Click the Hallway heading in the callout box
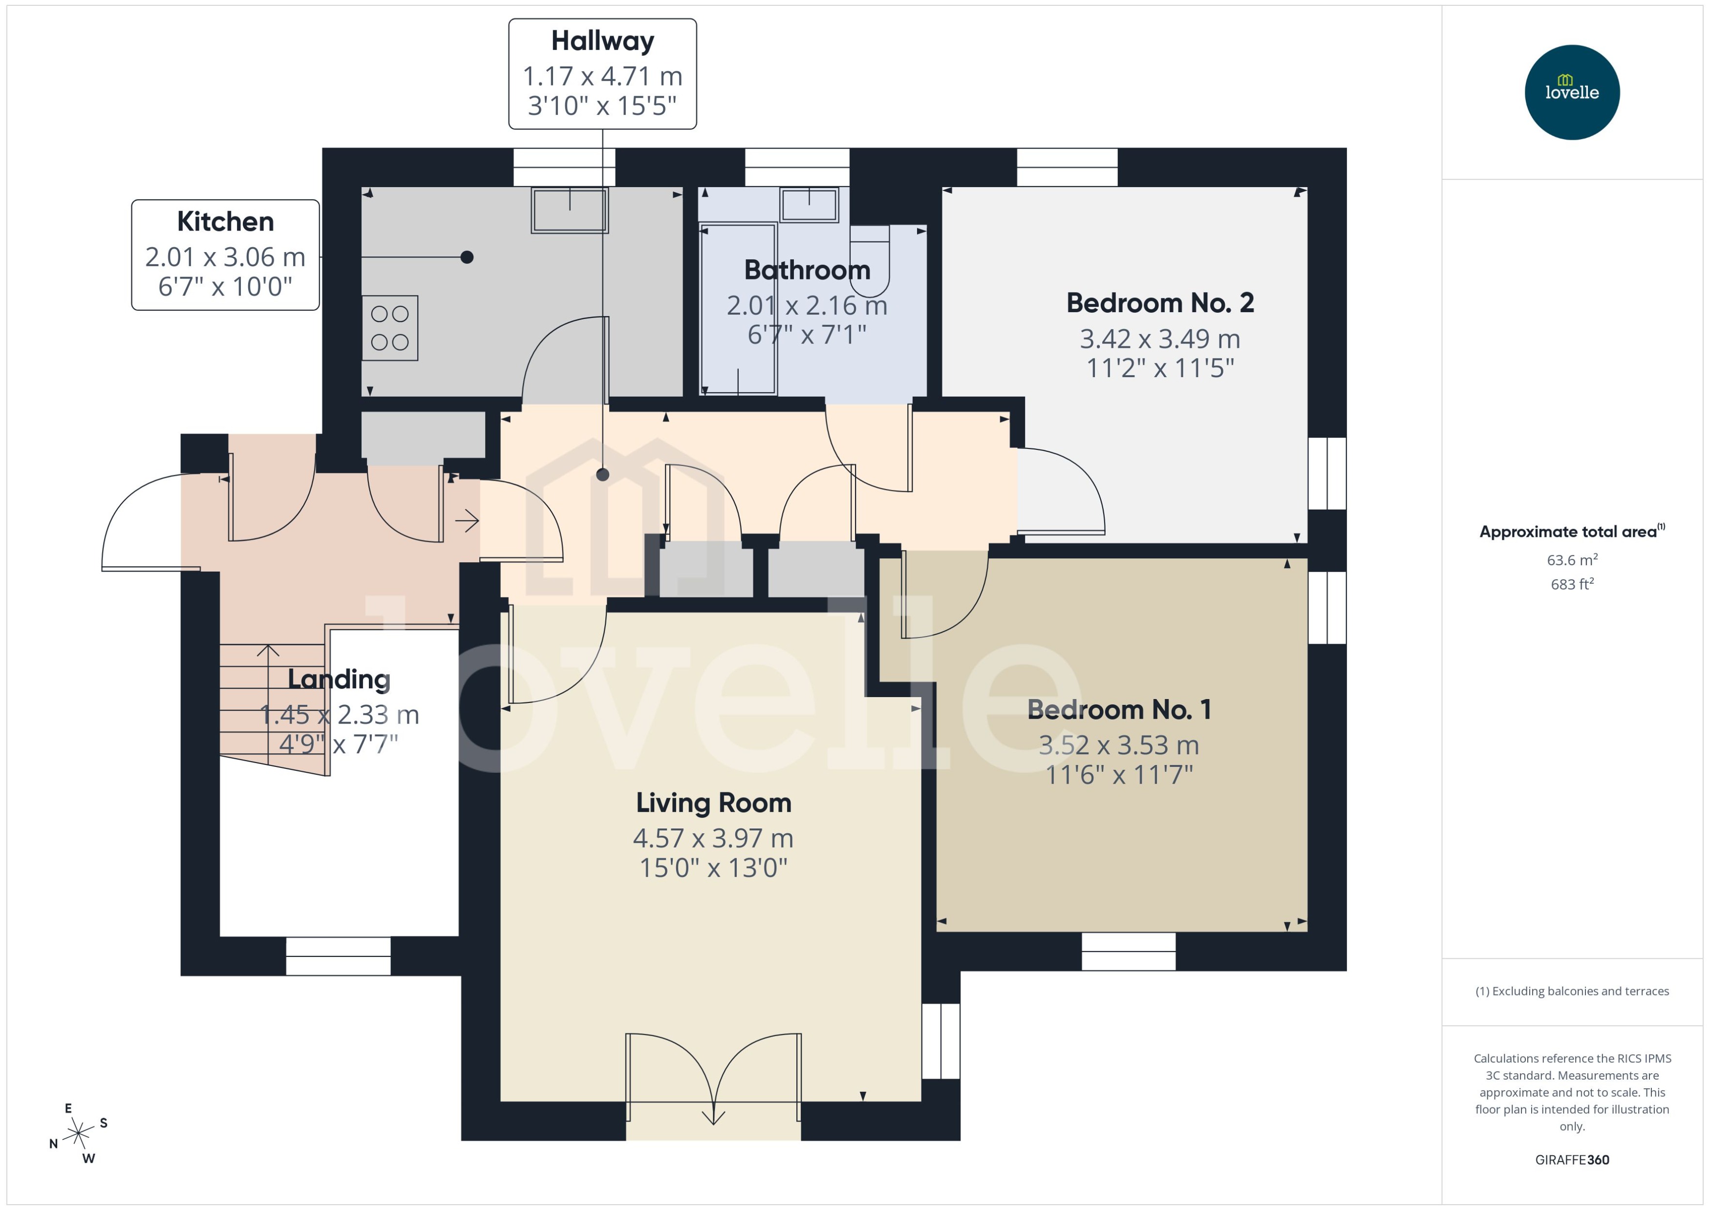tap(602, 41)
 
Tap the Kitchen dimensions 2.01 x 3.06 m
tap(225, 257)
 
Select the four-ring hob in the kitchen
tap(390, 328)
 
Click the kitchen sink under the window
tap(569, 210)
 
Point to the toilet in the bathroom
tap(870, 261)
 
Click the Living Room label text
tap(713, 803)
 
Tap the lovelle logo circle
tap(1571, 92)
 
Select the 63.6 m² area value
tap(1571, 559)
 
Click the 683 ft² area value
tap(1571, 584)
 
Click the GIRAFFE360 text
tap(1571, 1159)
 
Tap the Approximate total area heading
tap(1571, 531)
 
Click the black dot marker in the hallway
tap(603, 475)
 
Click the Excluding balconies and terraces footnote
tap(1571, 991)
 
